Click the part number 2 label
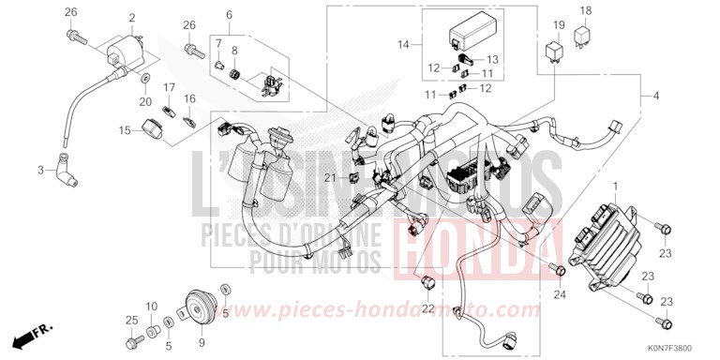[131, 18]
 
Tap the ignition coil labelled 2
[127, 50]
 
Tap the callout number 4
[655, 97]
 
